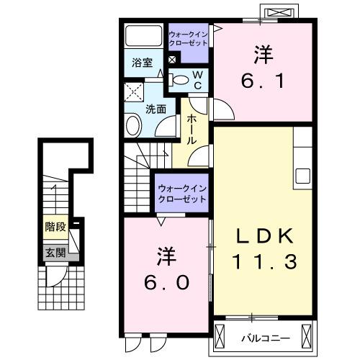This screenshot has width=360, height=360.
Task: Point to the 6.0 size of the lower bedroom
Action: coord(165,281)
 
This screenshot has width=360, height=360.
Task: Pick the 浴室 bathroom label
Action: coord(141,63)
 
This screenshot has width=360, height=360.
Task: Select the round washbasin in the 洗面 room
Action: coord(133,127)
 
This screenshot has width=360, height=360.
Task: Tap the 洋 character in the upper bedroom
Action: coord(261,55)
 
